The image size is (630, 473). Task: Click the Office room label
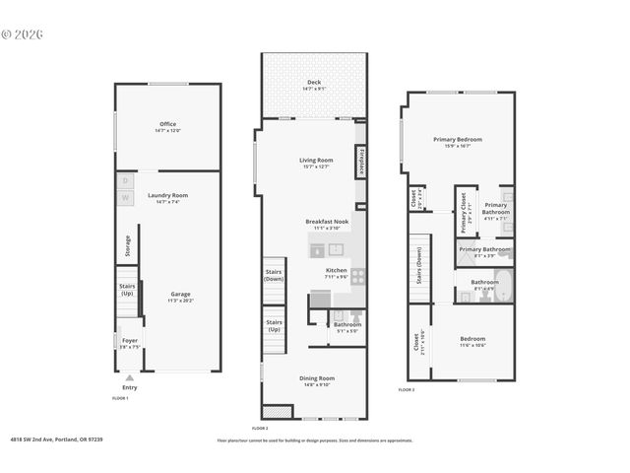[167, 124]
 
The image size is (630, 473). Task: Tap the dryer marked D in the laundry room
[125, 181]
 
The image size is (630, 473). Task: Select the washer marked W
[125, 198]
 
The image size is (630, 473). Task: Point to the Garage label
[180, 294]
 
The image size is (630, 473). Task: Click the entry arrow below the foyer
[129, 376]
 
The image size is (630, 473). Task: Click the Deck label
[313, 82]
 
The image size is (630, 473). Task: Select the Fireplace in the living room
[361, 161]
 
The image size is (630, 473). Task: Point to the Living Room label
[316, 160]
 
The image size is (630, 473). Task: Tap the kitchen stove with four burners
[358, 276]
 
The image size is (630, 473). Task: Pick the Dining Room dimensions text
[317, 385]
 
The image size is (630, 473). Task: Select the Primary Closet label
[464, 213]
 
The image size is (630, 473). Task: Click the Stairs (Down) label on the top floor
[419, 266]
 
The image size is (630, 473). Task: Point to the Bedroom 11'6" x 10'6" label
[472, 339]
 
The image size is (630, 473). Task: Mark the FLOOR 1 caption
[119, 397]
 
